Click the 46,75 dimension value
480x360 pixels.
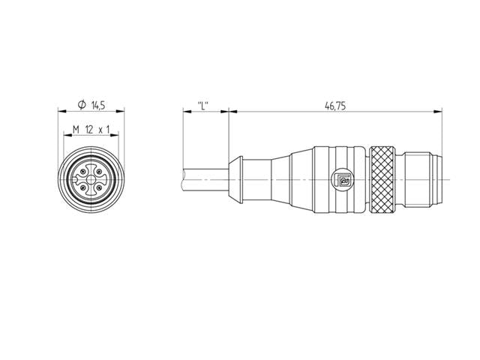(x=334, y=106)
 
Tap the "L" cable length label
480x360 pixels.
(x=202, y=106)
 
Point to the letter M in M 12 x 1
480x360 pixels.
(x=76, y=130)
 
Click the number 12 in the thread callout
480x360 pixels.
(x=89, y=130)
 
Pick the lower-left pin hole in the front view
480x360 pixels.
(x=83, y=187)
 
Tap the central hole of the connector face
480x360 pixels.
(x=91, y=180)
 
